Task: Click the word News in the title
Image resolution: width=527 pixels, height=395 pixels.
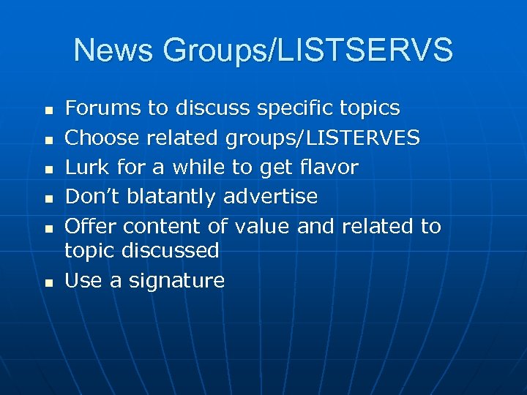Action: click(x=113, y=50)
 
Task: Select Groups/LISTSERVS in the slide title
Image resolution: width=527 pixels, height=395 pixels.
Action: click(x=307, y=51)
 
